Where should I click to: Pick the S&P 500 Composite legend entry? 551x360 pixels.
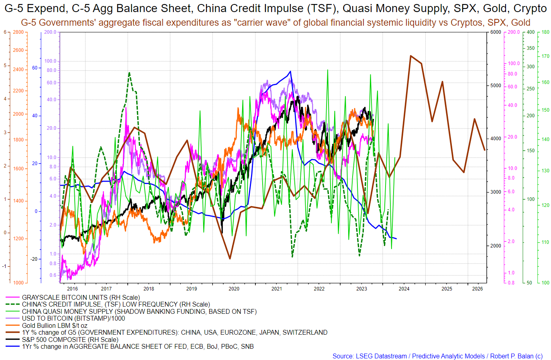tap(70, 340)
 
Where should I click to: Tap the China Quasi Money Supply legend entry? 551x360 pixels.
tap(139, 311)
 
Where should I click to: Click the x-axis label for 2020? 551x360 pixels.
tap(234, 288)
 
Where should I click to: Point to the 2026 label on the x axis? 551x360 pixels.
tap(478, 288)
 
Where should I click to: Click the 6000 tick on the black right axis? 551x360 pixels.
tap(496, 33)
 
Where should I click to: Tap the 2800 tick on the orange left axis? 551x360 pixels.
tap(18, 33)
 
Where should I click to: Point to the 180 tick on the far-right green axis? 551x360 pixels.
tap(545, 33)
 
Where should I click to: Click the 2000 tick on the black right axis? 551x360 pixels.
tap(496, 245)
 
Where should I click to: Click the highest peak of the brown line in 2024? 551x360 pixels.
tap(410, 56)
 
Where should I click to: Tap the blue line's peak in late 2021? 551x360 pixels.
tap(290, 72)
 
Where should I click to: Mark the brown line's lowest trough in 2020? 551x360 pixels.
tap(230, 259)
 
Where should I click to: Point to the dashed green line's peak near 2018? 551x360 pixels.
tap(129, 73)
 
